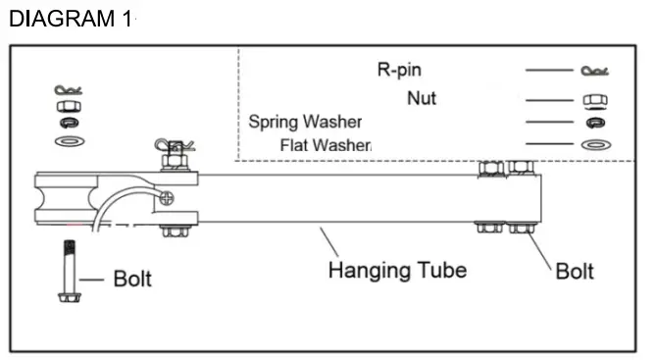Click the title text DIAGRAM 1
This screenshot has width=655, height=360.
(x=69, y=19)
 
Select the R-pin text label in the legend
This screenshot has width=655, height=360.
(x=399, y=70)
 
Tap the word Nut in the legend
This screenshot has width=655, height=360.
(x=422, y=98)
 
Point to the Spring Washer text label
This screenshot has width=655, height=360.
(x=305, y=123)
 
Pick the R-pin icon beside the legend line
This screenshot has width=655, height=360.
(x=594, y=71)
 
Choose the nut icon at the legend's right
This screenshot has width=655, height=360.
(x=593, y=100)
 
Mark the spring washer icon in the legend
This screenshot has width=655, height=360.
(x=593, y=123)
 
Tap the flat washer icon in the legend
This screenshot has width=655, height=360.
(x=593, y=145)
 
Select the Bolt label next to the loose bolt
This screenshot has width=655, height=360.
(x=132, y=279)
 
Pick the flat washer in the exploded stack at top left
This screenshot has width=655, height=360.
(x=68, y=142)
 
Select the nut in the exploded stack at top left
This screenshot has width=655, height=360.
(x=68, y=105)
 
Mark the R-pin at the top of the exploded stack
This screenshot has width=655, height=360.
(x=68, y=89)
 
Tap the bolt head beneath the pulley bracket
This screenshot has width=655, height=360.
(x=175, y=231)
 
